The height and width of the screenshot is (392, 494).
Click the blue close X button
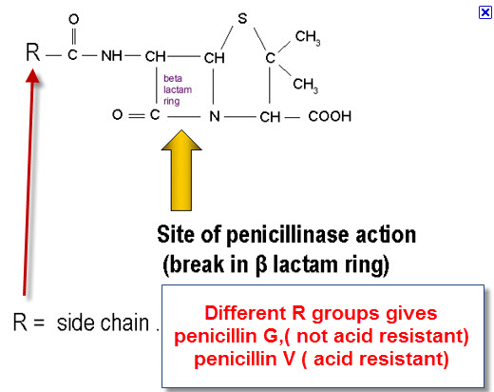[484, 12]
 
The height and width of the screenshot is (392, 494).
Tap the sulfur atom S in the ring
[242, 18]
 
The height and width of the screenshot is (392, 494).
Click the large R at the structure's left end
[33, 52]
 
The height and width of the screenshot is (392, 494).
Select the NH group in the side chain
[111, 56]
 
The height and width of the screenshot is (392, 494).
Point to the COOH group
[330, 116]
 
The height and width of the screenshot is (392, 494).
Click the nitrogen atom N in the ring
[215, 116]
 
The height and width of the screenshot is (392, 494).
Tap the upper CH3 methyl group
[308, 37]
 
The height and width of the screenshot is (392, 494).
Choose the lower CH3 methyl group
[305, 85]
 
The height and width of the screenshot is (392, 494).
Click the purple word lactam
[178, 89]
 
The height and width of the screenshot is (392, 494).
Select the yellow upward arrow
[181, 170]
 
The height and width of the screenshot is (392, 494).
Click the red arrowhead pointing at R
[32, 76]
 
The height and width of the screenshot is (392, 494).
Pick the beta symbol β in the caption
[261, 265]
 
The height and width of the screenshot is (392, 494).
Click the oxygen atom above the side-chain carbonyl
[74, 19]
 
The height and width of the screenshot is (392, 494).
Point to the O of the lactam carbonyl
[117, 114]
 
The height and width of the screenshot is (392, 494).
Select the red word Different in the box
[245, 313]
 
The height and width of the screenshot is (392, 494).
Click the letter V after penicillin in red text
[289, 359]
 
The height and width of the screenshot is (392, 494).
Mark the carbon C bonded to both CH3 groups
[270, 58]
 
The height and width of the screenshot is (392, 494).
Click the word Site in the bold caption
[175, 235]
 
